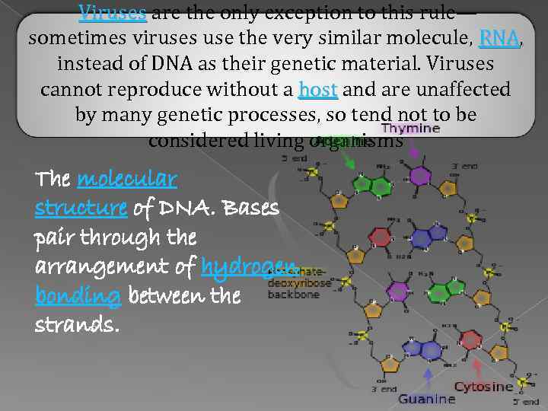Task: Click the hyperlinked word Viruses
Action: point(113,11)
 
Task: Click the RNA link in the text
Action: point(499,37)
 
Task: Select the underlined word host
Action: point(318,90)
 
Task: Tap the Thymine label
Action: point(410,129)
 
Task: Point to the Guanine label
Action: point(426,399)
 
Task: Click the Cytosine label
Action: point(484,387)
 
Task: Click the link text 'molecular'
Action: point(128,180)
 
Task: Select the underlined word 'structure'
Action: point(81,208)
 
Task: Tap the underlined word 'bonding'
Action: point(78,295)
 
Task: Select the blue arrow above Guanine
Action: point(428,378)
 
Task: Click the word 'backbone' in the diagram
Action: point(294,294)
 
